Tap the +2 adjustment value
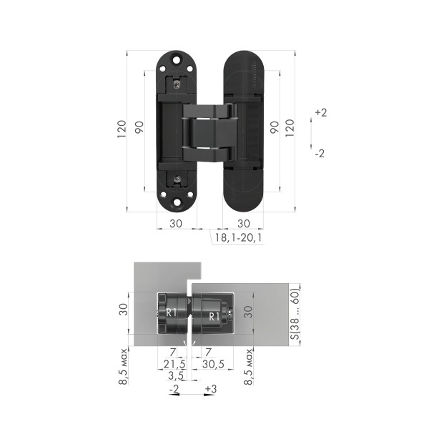pyautogui.click(x=320, y=113)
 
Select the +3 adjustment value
pyautogui.click(x=211, y=389)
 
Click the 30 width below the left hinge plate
pyautogui.click(x=175, y=223)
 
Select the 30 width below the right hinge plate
pyautogui.click(x=244, y=223)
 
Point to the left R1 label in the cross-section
pyautogui.click(x=171, y=313)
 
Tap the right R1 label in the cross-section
pyautogui.click(x=213, y=315)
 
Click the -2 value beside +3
pyautogui.click(x=174, y=389)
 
